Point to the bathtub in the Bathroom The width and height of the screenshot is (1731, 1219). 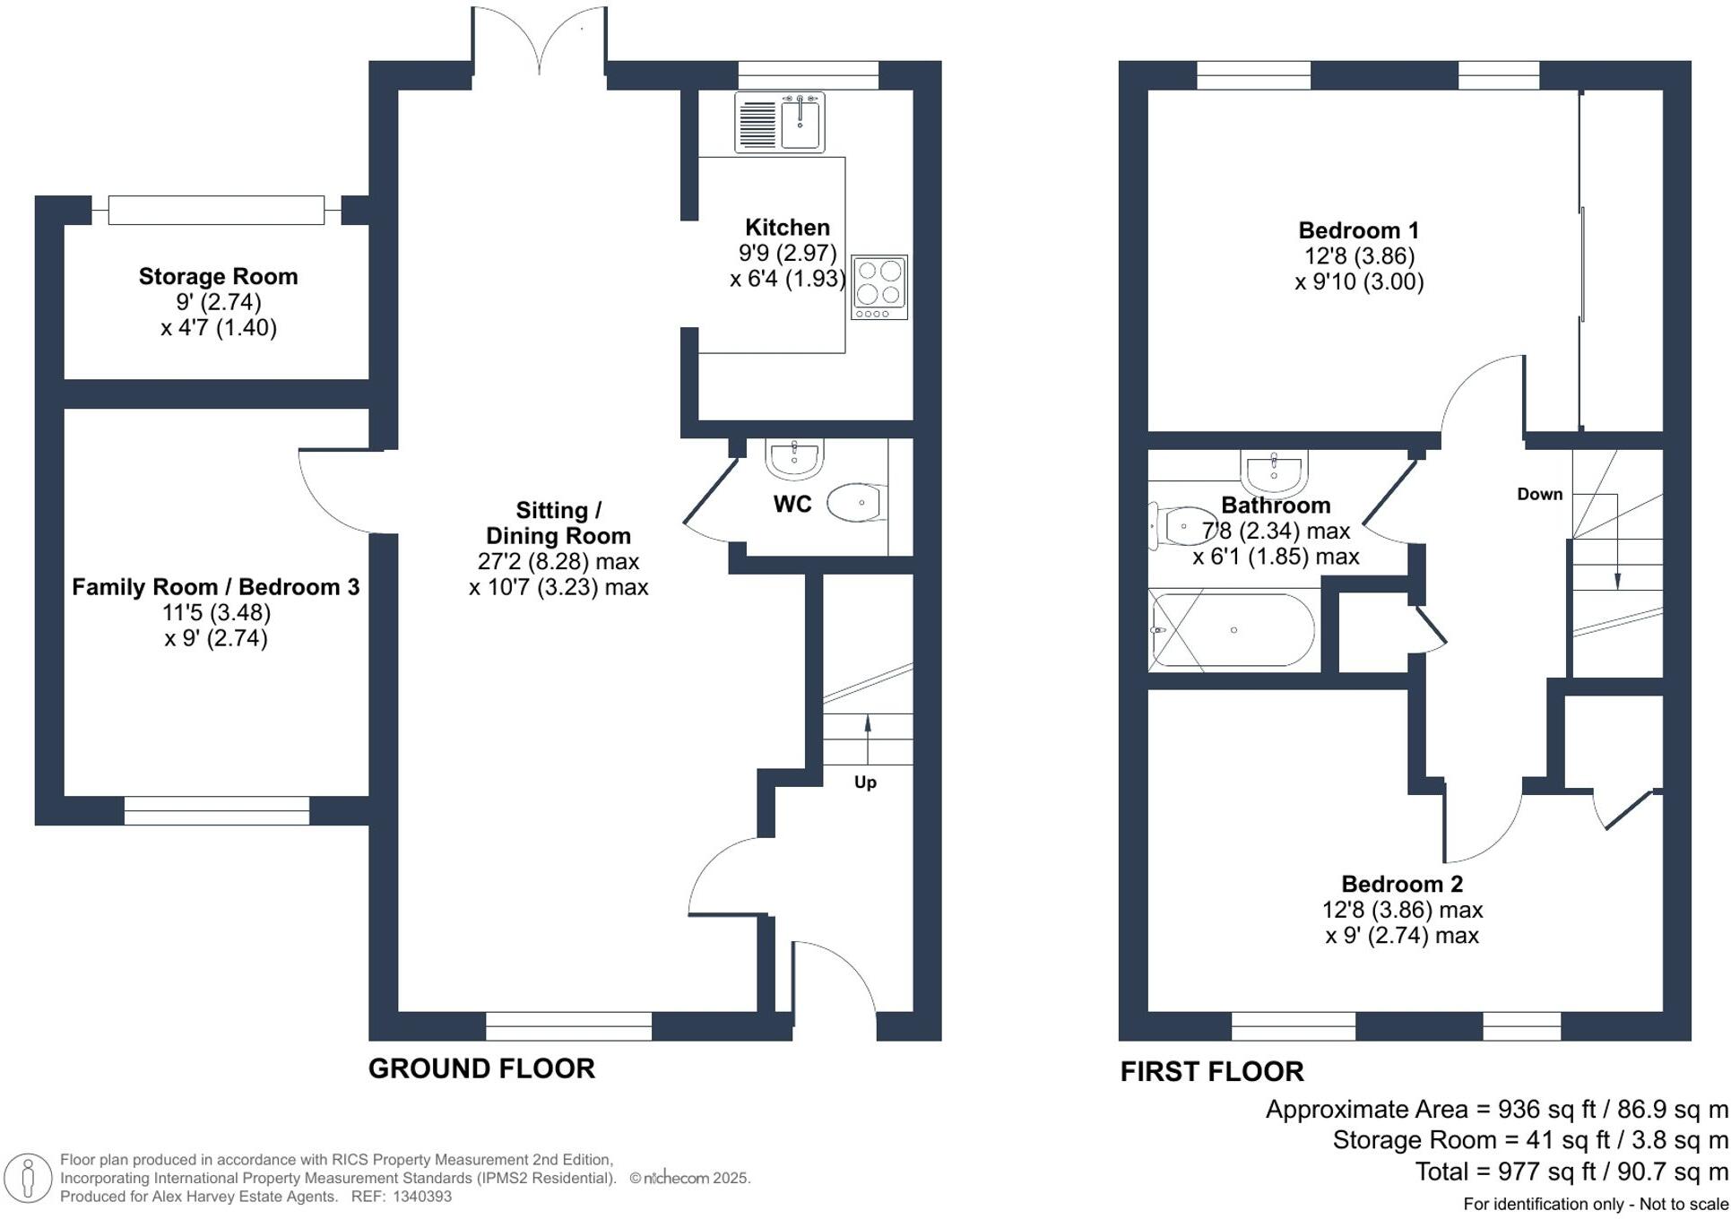click(x=1233, y=630)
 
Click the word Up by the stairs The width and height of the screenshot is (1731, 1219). click(x=865, y=782)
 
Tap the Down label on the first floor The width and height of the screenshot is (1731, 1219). click(x=1539, y=494)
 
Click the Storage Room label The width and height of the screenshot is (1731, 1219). click(x=218, y=276)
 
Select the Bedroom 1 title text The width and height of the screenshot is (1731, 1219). click(x=1358, y=230)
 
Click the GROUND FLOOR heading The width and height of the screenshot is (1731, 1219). click(x=481, y=1068)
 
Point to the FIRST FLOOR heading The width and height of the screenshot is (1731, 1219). click(x=1212, y=1071)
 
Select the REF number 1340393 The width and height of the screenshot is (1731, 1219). click(x=421, y=1196)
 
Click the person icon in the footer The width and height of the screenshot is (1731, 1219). click(x=28, y=1177)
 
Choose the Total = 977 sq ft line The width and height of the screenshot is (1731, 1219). click(x=1571, y=1171)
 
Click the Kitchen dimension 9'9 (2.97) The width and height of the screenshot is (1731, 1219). click(x=787, y=253)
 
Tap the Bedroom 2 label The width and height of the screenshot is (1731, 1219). click(x=1402, y=884)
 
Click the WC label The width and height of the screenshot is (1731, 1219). click(x=792, y=504)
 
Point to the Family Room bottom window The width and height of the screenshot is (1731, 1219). click(x=217, y=810)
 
